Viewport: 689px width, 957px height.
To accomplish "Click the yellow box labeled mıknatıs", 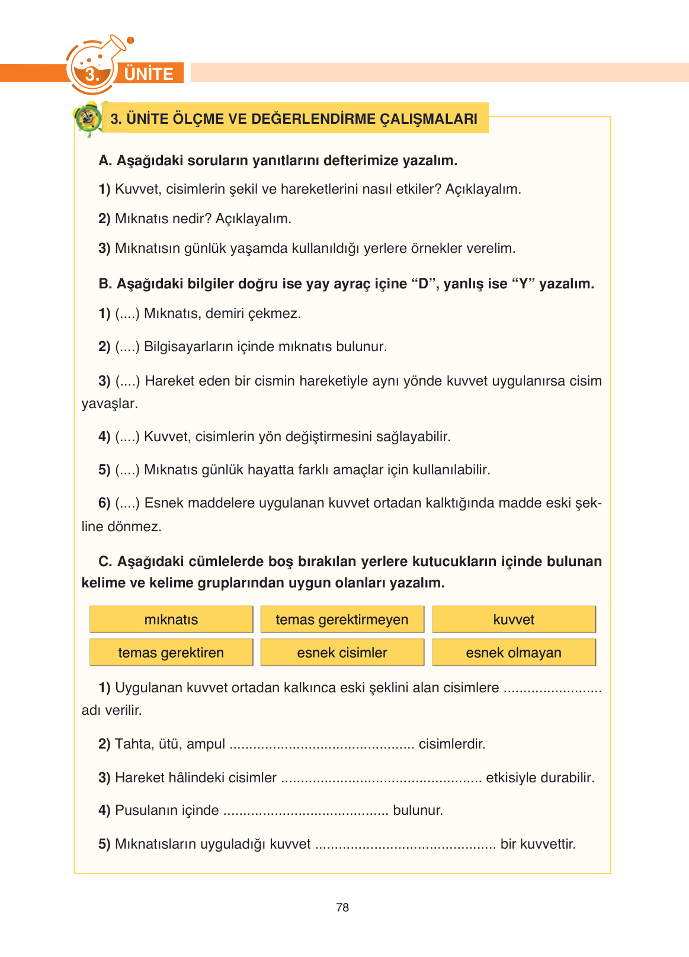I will click(x=171, y=619).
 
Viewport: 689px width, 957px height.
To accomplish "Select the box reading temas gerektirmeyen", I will click(x=342, y=619).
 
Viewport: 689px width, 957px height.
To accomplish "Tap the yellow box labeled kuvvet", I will click(x=514, y=619).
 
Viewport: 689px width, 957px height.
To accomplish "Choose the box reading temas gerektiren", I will click(x=171, y=653).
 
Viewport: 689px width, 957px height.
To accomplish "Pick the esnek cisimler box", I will click(x=342, y=653).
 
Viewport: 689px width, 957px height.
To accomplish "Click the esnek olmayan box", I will click(x=514, y=653).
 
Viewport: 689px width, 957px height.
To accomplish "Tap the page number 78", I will click(x=342, y=907).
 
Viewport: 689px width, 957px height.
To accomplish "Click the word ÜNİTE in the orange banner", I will click(x=149, y=74).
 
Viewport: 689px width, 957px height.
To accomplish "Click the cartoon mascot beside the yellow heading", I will click(x=88, y=118).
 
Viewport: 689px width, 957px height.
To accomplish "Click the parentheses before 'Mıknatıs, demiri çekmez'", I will click(x=127, y=313).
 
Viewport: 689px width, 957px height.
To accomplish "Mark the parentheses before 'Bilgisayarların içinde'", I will click(x=127, y=346).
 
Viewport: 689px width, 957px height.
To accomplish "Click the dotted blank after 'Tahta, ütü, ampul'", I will click(x=322, y=744).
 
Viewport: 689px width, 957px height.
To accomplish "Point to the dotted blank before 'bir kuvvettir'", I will click(x=405, y=844).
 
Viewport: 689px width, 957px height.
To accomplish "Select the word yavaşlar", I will click(x=110, y=404).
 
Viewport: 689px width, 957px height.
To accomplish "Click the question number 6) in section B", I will click(x=104, y=503).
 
